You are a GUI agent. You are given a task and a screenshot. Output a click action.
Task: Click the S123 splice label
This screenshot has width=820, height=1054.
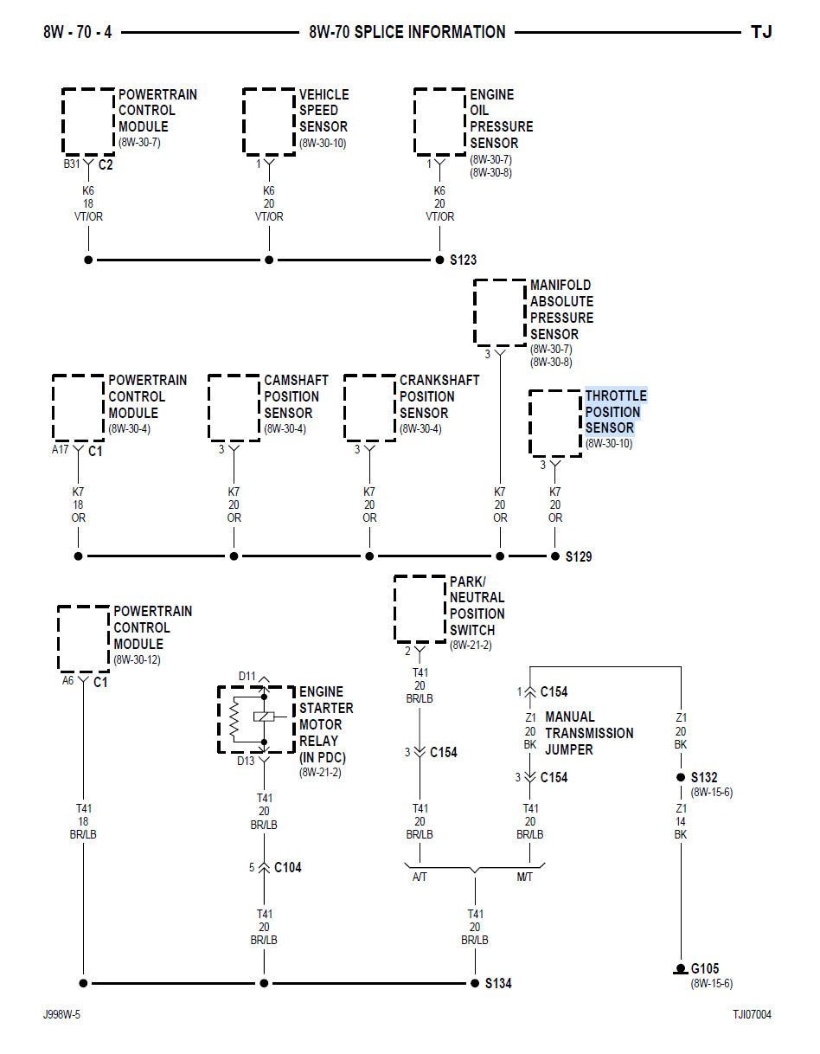tap(463, 260)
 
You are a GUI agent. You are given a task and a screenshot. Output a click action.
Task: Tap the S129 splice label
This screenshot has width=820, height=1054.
tap(579, 556)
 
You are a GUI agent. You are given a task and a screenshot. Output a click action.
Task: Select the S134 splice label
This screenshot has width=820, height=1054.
tap(497, 984)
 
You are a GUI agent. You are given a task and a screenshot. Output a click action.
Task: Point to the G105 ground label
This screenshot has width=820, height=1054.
tap(704, 969)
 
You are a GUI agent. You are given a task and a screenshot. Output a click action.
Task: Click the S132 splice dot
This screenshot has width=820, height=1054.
tap(681, 777)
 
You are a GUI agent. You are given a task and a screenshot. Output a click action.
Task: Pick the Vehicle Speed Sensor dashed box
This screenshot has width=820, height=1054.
tap(269, 121)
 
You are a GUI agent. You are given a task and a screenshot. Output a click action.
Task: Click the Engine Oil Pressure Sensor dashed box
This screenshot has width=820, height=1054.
tap(439, 121)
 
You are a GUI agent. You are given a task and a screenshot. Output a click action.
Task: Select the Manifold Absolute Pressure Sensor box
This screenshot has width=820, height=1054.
tap(500, 312)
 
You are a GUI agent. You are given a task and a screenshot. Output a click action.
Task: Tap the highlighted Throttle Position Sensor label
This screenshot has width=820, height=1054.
tap(615, 412)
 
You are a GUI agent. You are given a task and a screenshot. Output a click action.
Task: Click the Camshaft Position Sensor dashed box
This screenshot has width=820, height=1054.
tap(234, 407)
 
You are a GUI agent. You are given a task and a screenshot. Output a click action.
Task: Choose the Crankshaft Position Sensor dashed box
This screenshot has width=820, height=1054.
tap(369, 407)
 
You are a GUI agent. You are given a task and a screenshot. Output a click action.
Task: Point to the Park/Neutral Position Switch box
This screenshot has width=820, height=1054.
tap(420, 608)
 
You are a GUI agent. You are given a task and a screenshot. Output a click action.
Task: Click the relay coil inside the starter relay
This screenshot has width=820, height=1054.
tap(264, 717)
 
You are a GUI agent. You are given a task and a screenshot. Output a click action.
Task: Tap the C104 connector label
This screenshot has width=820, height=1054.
tap(287, 867)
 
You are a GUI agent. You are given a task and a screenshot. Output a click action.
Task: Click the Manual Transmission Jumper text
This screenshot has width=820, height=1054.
tap(588, 733)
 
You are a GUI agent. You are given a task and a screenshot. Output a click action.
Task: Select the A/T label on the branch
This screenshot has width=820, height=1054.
tap(420, 877)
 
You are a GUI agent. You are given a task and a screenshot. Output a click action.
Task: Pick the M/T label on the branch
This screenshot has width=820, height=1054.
tap(525, 877)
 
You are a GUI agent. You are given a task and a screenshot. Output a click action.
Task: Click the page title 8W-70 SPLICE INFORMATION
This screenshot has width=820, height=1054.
tap(407, 33)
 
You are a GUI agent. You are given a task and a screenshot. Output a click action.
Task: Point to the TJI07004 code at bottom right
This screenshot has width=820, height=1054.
tap(752, 1014)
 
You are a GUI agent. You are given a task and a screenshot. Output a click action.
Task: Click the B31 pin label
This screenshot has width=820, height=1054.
tap(73, 164)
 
